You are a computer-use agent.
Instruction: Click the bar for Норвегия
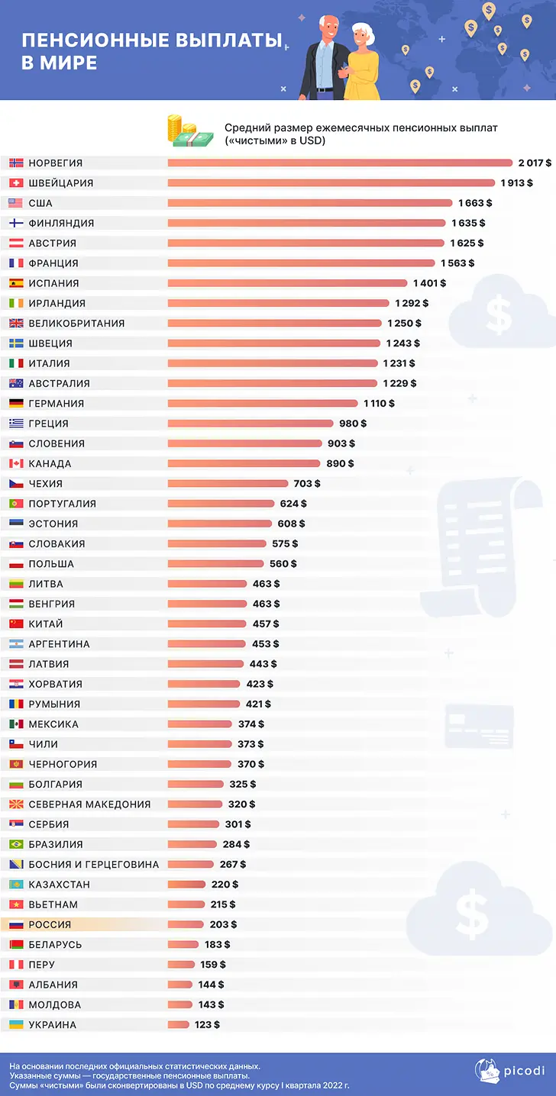pyautogui.click(x=340, y=163)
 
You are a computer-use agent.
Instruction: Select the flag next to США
pyautogui.click(x=16, y=203)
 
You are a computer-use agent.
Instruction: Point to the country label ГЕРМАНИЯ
pyautogui.click(x=56, y=403)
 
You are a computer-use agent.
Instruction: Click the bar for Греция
pyautogui.click(x=251, y=424)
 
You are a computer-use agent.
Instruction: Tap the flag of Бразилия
pyautogui.click(x=16, y=844)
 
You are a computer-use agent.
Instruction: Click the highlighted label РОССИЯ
pyautogui.click(x=50, y=924)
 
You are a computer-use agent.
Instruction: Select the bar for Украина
pyautogui.click(x=178, y=1024)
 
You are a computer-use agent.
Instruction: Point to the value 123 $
pyautogui.click(x=207, y=1024)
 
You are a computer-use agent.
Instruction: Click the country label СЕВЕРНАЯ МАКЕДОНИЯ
pyautogui.click(x=89, y=804)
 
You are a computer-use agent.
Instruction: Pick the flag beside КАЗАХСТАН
pyautogui.click(x=16, y=885)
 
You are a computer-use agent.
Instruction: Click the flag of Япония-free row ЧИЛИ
pyautogui.click(x=16, y=744)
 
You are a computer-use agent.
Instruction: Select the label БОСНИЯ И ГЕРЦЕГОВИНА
pyautogui.click(x=93, y=864)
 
